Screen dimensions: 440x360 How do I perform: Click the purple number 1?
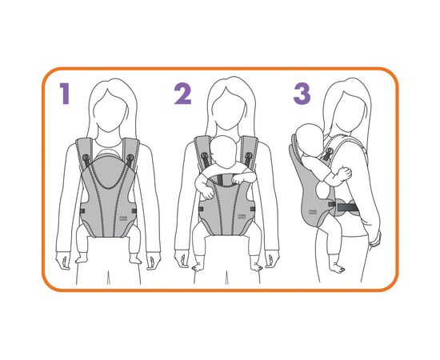(66, 94)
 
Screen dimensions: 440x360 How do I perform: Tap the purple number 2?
(182, 94)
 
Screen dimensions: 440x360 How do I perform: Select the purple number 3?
(302, 94)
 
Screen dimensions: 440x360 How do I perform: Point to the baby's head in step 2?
(225, 150)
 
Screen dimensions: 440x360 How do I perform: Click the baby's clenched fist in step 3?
(345, 173)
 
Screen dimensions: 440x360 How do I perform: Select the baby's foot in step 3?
(336, 267)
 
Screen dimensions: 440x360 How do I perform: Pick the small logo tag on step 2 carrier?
(242, 216)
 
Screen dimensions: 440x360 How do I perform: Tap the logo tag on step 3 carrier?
(312, 212)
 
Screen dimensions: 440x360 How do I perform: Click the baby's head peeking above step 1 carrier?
(109, 153)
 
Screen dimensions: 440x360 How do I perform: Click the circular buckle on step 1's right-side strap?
(130, 157)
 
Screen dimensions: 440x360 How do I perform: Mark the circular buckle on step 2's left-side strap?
(205, 155)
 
